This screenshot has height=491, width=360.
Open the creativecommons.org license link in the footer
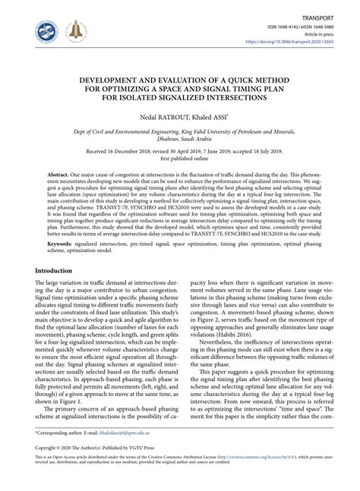[272, 479]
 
